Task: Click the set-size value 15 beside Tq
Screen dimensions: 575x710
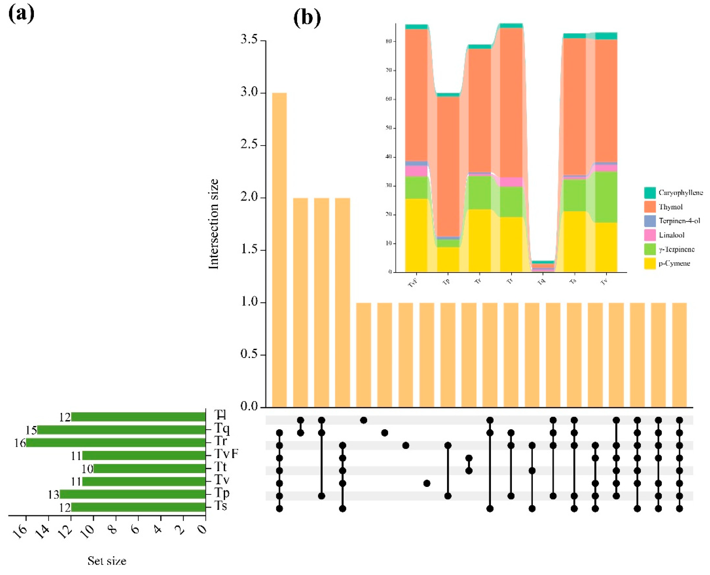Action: (x=31, y=430)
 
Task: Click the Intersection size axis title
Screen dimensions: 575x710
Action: (x=214, y=224)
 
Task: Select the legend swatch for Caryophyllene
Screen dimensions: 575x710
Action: (x=650, y=193)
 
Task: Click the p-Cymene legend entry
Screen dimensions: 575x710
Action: (x=674, y=264)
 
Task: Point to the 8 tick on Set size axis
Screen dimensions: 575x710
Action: (x=113, y=530)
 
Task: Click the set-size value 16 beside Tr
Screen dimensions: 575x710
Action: (x=20, y=443)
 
